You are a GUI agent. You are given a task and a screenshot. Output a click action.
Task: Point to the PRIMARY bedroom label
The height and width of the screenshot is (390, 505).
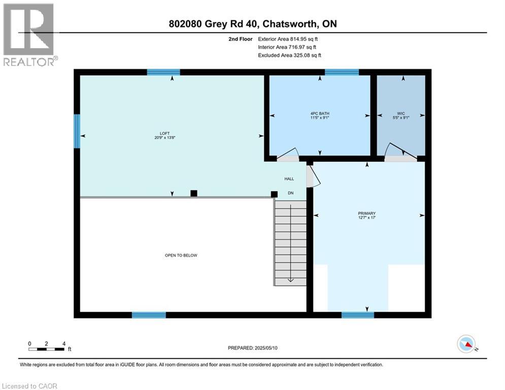366,213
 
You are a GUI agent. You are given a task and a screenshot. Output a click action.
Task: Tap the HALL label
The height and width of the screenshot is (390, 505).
289,179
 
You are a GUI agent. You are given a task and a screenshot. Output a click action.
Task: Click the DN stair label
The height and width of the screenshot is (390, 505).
291,193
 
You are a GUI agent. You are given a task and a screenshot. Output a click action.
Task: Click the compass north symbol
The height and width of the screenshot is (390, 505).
466,344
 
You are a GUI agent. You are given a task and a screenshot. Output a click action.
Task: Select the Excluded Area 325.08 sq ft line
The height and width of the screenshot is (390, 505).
290,55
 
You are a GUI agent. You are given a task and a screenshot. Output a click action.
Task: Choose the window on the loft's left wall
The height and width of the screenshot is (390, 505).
77,131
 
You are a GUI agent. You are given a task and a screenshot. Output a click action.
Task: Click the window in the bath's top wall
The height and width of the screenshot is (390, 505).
342,72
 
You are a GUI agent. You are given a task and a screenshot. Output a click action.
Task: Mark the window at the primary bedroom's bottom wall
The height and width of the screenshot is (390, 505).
358,315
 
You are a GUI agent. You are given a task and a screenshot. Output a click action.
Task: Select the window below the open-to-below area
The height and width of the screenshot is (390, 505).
149,315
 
